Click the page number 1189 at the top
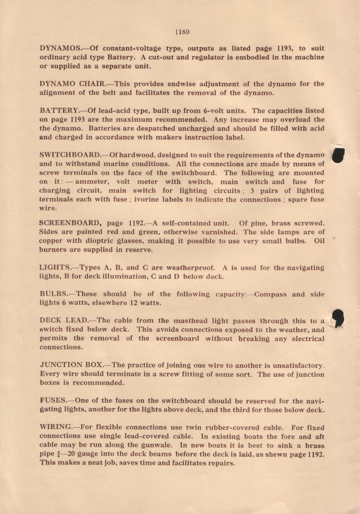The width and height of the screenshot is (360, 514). [x=182, y=32]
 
